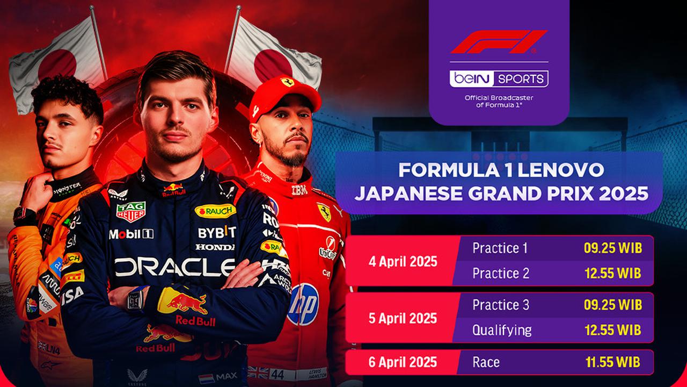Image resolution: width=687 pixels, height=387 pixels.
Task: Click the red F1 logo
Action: click(x=499, y=42)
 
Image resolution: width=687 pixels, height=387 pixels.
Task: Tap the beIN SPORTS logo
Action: click(x=499, y=78)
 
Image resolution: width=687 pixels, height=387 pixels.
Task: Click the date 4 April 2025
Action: click(x=403, y=262)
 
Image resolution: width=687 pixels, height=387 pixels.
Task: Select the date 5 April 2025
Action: click(x=403, y=318)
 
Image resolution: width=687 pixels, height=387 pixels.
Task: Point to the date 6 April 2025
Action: click(x=403, y=362)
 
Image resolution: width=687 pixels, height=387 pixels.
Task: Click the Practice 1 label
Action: click(x=500, y=248)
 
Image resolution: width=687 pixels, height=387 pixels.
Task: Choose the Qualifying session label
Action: click(x=502, y=330)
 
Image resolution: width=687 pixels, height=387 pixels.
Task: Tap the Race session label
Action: click(x=486, y=362)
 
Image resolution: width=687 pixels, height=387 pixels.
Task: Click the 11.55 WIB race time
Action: click(x=613, y=362)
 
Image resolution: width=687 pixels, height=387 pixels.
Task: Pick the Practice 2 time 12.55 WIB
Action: click(x=613, y=273)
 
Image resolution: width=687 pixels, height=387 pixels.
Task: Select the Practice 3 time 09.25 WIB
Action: click(x=613, y=305)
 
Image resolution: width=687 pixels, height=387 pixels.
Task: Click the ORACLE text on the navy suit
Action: click(x=175, y=267)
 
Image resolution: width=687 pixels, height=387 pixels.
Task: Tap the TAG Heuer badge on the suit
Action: click(x=130, y=212)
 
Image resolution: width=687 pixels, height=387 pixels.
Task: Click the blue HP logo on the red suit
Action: click(x=303, y=304)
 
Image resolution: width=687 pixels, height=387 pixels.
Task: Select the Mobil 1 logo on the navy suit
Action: click(x=131, y=234)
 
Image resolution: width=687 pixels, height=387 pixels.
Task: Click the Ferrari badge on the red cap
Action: click(x=287, y=82)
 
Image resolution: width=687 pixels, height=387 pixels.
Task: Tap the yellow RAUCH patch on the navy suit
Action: click(x=215, y=211)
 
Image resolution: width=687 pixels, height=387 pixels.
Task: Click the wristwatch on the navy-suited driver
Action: click(x=137, y=298)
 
